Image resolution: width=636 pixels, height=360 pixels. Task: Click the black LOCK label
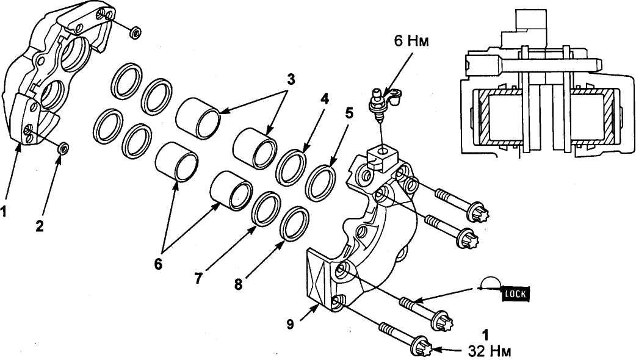(x=516, y=293)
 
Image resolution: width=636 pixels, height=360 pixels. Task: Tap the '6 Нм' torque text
(x=411, y=41)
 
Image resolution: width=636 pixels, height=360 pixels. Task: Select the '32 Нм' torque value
(x=490, y=351)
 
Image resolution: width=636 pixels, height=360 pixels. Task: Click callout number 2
(x=39, y=226)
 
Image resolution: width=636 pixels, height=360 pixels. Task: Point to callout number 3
(x=291, y=79)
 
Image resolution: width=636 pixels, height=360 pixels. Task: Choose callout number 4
(x=324, y=99)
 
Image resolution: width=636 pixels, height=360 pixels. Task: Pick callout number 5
(x=349, y=113)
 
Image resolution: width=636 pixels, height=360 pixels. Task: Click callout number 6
(x=158, y=264)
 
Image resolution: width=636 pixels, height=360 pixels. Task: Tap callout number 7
(x=198, y=278)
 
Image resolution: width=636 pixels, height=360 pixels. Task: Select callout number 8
(x=238, y=284)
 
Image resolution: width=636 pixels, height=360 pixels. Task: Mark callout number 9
(x=290, y=325)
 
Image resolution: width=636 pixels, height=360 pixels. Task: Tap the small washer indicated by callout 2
(x=63, y=148)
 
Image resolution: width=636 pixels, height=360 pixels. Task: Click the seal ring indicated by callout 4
(x=291, y=167)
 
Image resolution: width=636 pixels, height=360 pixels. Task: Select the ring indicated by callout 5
(x=321, y=183)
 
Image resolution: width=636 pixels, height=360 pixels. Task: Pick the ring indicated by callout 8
(x=294, y=224)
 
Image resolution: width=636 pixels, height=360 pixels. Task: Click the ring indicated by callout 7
(x=266, y=209)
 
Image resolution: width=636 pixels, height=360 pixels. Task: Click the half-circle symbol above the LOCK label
(x=491, y=283)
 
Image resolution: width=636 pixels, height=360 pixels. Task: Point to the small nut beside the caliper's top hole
(x=135, y=32)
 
